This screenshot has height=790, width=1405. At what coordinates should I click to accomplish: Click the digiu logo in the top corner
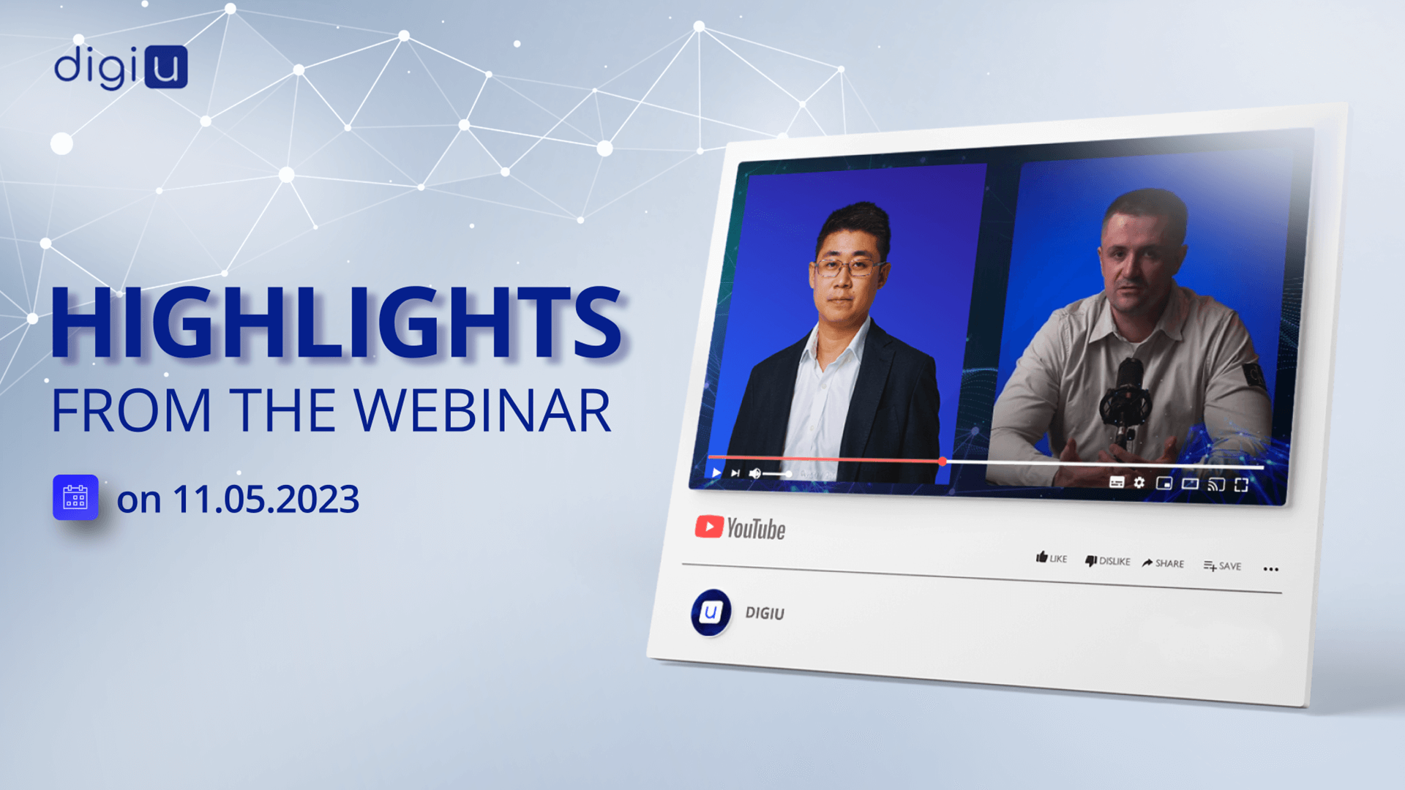point(121,67)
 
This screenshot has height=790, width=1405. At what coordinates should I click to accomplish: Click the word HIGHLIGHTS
point(337,323)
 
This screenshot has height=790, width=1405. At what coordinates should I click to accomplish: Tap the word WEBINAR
point(483,410)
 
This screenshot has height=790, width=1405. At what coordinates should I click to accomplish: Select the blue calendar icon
point(75,497)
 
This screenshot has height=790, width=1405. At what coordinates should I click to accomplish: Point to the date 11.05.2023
point(266,500)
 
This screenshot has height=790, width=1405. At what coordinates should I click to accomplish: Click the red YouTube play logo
point(708,527)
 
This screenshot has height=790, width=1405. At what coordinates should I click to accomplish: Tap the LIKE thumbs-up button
point(1051,558)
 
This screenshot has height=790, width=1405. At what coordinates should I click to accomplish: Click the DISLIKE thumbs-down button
point(1107,561)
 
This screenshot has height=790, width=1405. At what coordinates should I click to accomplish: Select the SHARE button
point(1163,563)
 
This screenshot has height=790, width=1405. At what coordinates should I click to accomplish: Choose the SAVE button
point(1222,565)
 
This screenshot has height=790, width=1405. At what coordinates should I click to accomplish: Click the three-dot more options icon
point(1271,569)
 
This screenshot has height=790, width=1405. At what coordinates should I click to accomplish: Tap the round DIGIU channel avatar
point(711,612)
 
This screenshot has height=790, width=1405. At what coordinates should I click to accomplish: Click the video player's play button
point(716,473)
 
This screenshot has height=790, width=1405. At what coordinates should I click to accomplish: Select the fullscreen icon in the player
point(1241,485)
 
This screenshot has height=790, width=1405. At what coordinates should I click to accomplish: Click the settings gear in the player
point(1139,482)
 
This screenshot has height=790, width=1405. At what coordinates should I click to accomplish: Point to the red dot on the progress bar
point(943,462)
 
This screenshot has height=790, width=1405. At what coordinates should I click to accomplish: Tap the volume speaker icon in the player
point(755,473)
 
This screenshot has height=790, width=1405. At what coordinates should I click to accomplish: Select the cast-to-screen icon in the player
point(1216,484)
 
